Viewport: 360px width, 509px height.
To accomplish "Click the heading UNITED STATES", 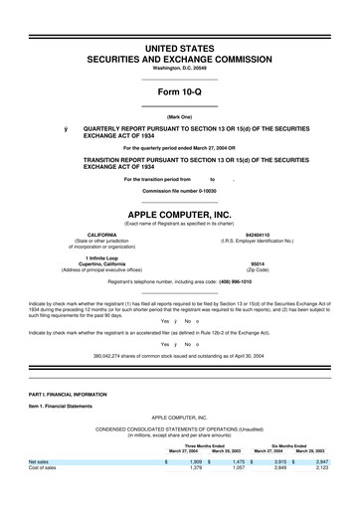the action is click(x=179, y=48).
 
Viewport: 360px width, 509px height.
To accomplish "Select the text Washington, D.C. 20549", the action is click(x=179, y=70).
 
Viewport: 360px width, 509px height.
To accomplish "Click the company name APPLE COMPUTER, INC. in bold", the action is click(x=179, y=214).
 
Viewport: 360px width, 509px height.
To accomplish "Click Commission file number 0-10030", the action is click(x=179, y=189).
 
